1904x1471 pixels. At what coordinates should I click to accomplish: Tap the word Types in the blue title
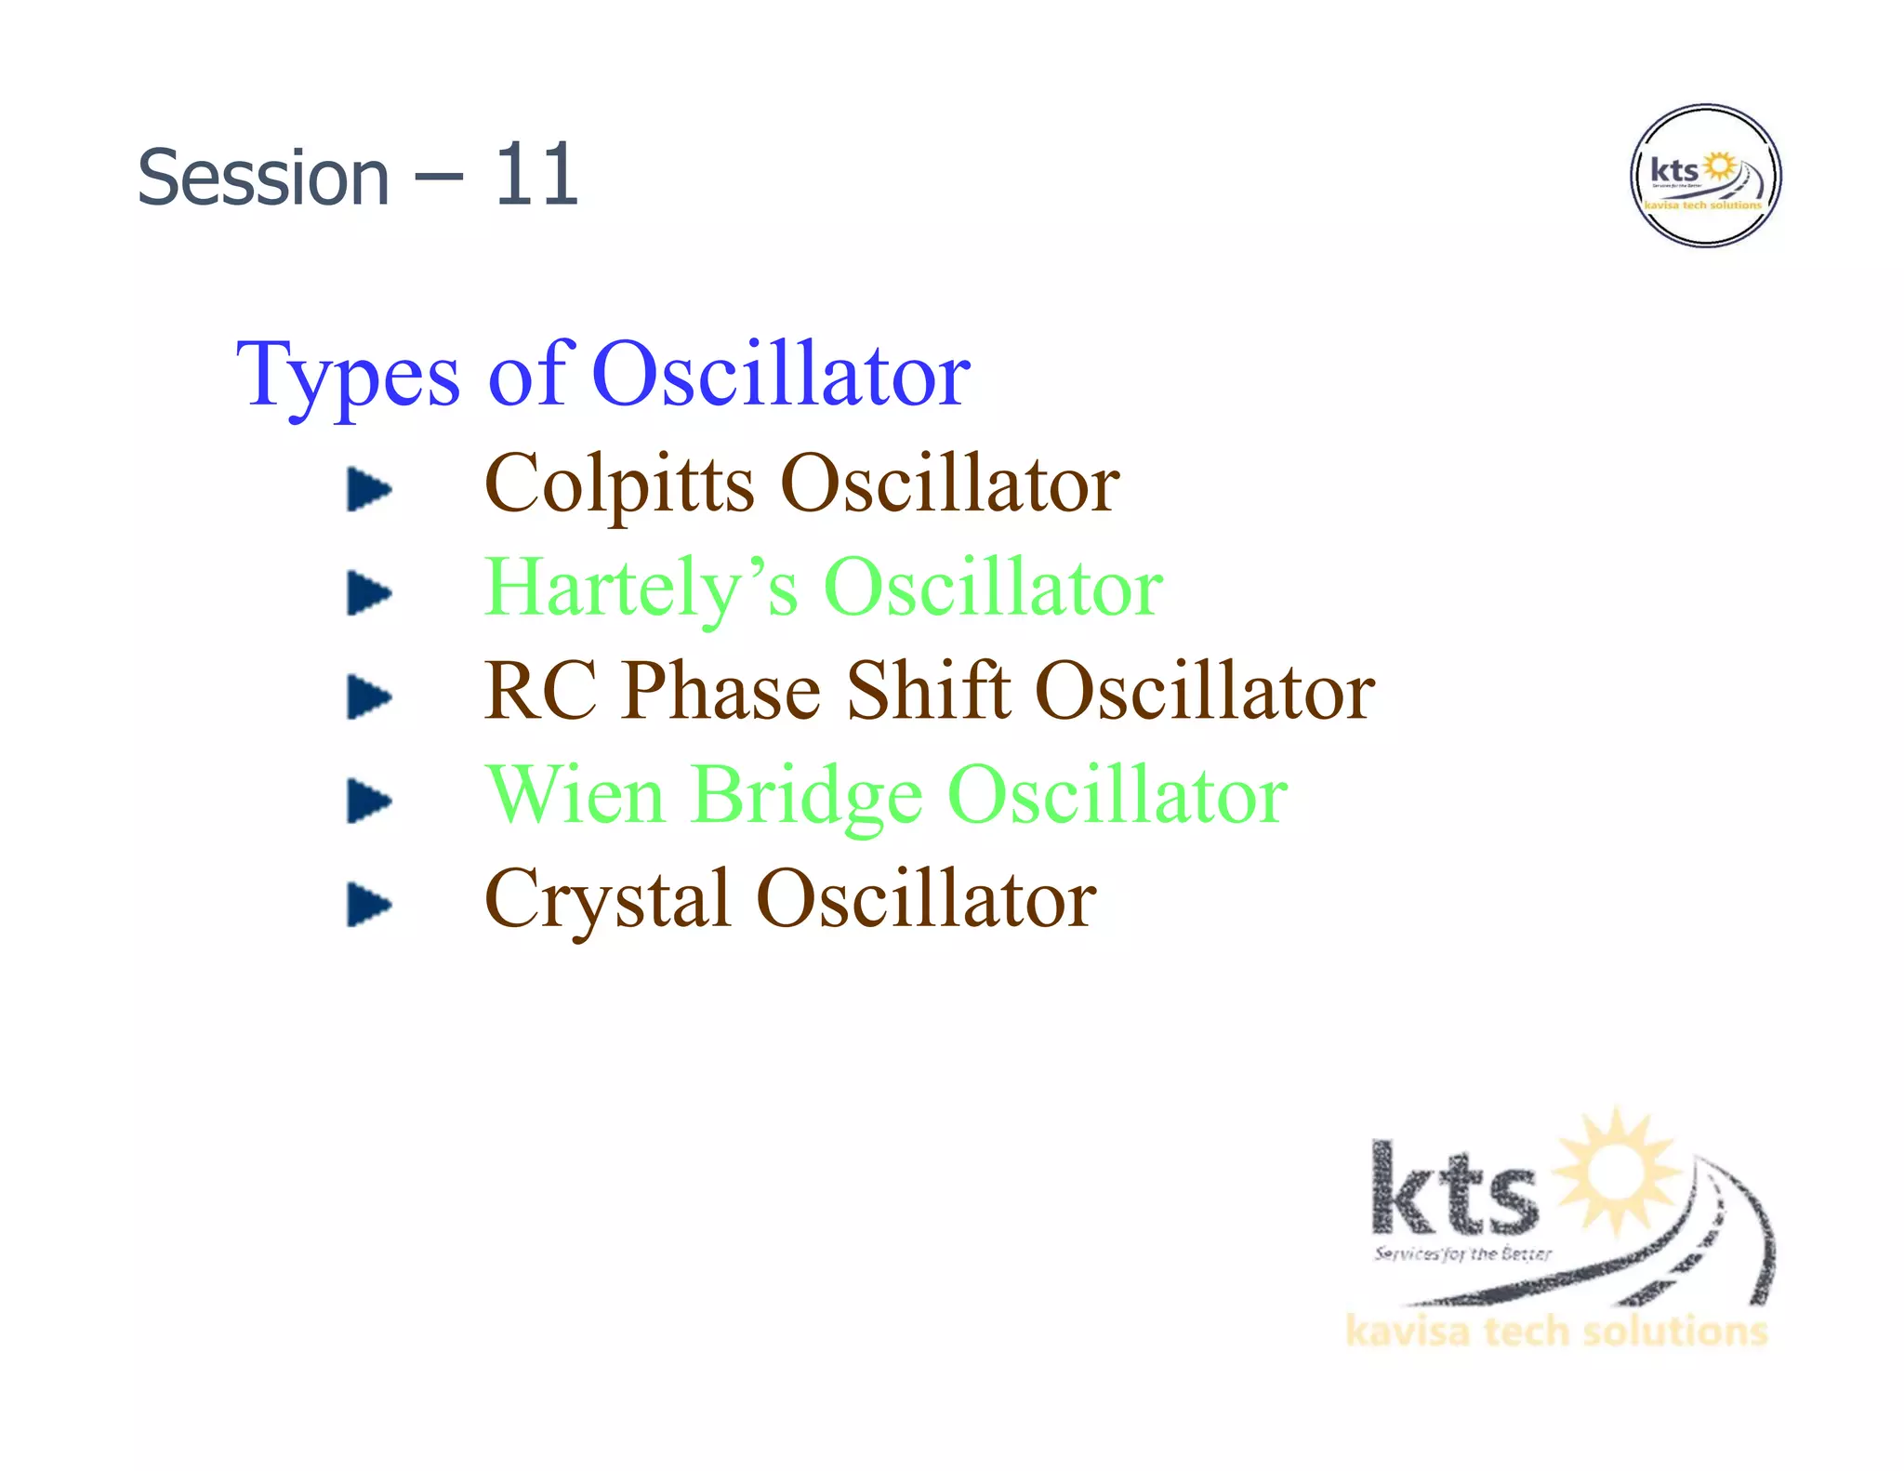tap(348, 377)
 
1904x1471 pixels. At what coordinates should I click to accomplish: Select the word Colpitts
tap(619, 484)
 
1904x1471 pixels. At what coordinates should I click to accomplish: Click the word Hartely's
tap(641, 589)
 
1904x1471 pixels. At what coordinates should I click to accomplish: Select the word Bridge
tap(807, 798)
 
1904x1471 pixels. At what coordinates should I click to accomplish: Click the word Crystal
tap(606, 900)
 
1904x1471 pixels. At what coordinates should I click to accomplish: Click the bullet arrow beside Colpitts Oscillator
tap(368, 489)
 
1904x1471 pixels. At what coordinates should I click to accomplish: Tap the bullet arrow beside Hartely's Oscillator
tap(368, 593)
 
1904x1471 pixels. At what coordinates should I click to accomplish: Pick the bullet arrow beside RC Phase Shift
tap(368, 696)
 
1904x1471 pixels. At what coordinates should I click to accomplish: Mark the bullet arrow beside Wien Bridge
tap(368, 801)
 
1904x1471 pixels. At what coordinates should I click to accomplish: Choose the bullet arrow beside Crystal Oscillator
tap(368, 905)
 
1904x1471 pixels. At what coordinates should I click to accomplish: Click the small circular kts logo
tap(1705, 176)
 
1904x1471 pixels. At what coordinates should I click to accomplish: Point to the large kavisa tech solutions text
tap(1555, 1332)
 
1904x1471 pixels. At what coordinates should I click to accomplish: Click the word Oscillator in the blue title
tap(780, 375)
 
